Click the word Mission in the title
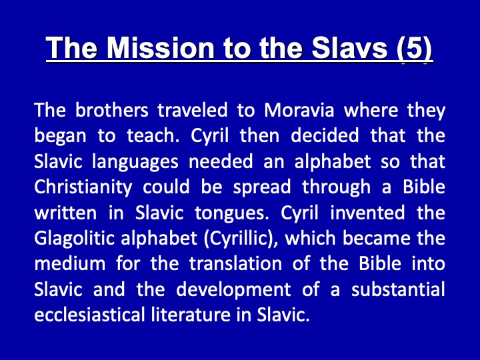point(160,48)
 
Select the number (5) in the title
point(415,49)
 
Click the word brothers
point(112,110)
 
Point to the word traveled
point(192,110)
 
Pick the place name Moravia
point(299,110)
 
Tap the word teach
point(153,136)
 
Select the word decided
point(325,136)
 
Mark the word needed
point(221,161)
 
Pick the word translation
point(235,264)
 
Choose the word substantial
point(398,289)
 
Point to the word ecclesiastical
point(89,315)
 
